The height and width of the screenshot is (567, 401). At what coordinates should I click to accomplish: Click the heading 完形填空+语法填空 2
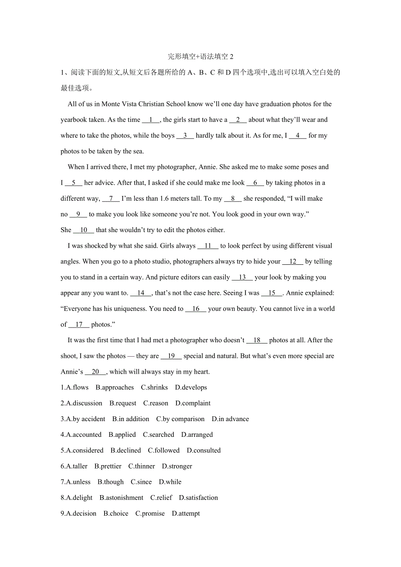coord(200,57)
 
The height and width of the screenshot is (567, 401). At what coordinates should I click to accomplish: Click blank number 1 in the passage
coord(151,120)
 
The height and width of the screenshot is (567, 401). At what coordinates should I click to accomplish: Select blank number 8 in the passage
coord(233,199)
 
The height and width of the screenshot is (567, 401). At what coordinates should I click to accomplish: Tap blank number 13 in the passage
coord(242,277)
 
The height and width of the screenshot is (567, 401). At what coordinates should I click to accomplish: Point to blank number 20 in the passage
coord(95,372)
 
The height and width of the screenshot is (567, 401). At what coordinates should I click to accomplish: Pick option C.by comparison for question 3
coord(180,419)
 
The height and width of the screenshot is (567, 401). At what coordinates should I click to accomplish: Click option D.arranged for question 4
coord(197,435)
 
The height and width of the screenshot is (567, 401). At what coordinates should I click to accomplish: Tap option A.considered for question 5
coord(82,450)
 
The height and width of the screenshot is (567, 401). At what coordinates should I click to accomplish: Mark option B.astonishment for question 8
coord(121,497)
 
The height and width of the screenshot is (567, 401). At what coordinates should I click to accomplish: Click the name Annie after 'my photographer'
coord(207,167)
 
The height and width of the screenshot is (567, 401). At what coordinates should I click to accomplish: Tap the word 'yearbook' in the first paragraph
coord(74,120)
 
